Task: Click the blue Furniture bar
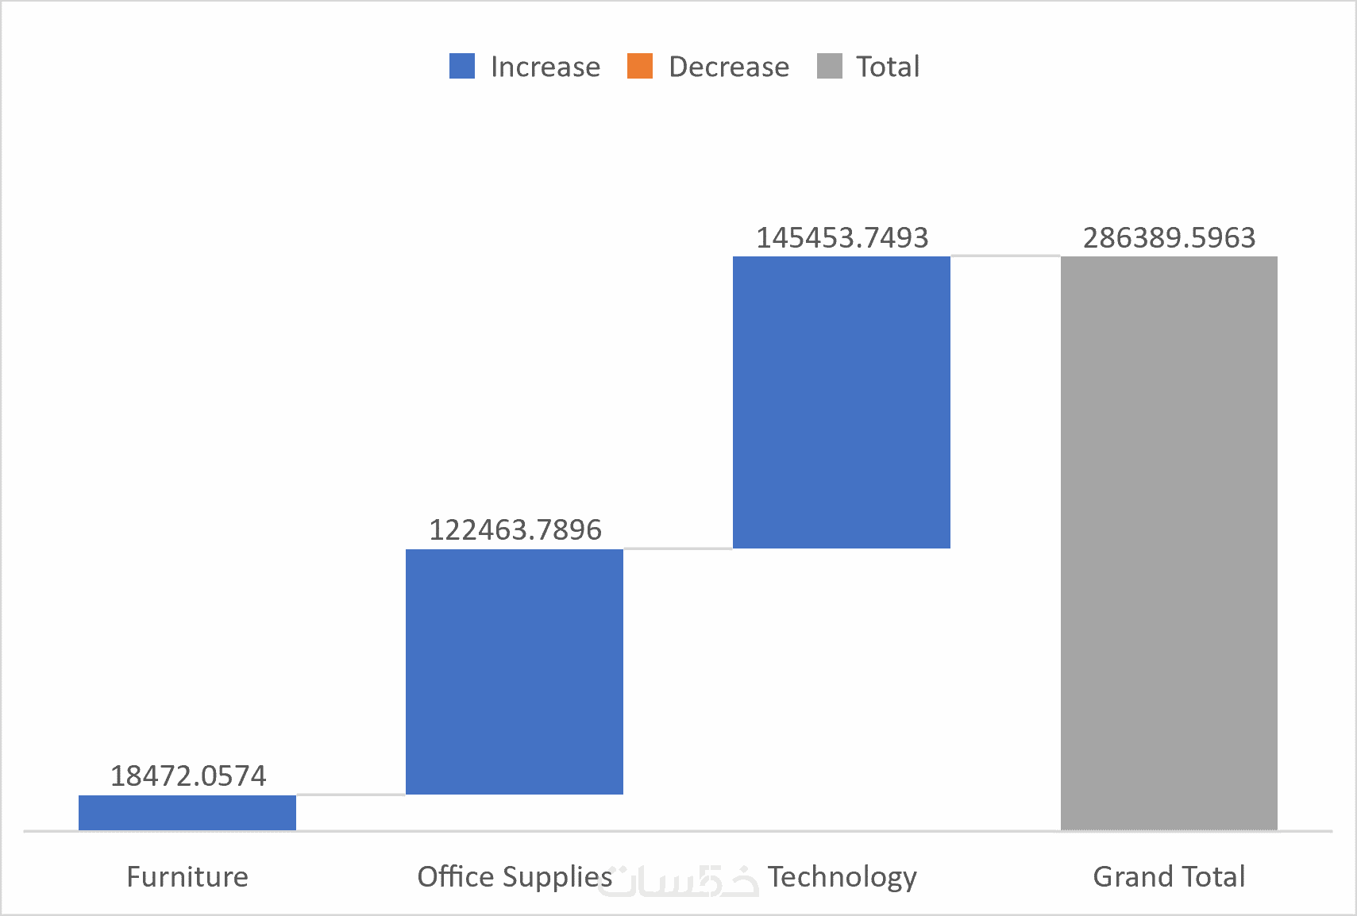(x=187, y=812)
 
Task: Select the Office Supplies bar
(x=514, y=672)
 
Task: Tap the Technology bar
(x=841, y=402)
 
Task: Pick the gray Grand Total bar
(x=1169, y=543)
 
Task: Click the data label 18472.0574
(x=188, y=776)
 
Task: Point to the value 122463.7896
(x=515, y=529)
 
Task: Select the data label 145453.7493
(x=842, y=237)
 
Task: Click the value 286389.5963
(x=1169, y=237)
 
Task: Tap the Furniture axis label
(x=187, y=876)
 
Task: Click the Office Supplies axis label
(x=515, y=876)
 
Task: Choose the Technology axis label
(x=842, y=876)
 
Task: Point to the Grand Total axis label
(x=1169, y=876)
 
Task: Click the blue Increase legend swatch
(x=462, y=66)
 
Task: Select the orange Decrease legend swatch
(x=640, y=66)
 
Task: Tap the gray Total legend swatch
(x=829, y=66)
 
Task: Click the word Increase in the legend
(x=545, y=67)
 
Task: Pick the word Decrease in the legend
(x=729, y=67)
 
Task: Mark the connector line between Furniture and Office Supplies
(x=350, y=794)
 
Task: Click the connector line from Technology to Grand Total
(x=1005, y=256)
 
